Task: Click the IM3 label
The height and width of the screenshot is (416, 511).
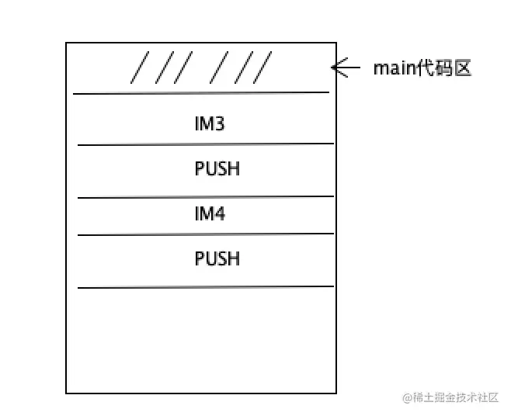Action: pyautogui.click(x=210, y=123)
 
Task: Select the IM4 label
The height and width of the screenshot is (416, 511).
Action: pyautogui.click(x=210, y=213)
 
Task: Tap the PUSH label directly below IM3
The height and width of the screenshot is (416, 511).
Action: pyautogui.click(x=217, y=168)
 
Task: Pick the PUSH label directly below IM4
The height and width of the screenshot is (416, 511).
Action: pyautogui.click(x=217, y=258)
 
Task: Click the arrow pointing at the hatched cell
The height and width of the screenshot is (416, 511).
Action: pyautogui.click(x=346, y=68)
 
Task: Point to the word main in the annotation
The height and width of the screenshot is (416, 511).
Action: pyautogui.click(x=393, y=68)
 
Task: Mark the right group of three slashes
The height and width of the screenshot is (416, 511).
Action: pyautogui.click(x=242, y=68)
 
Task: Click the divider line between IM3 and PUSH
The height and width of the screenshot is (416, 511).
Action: pyautogui.click(x=205, y=144)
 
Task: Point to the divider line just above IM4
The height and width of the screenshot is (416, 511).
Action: pyautogui.click(x=205, y=197)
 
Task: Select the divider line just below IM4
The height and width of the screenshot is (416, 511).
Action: pyautogui.click(x=205, y=234)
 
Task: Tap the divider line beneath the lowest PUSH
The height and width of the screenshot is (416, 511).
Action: pyautogui.click(x=205, y=287)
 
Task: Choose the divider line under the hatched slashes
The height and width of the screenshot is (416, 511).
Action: pyautogui.click(x=201, y=93)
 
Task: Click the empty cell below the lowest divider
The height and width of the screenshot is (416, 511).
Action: pyautogui.click(x=201, y=339)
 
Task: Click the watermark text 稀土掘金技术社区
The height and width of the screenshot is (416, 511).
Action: pyautogui.click(x=455, y=397)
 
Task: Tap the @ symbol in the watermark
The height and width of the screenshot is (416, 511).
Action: pyautogui.click(x=406, y=397)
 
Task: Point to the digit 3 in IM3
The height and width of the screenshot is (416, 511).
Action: pyautogui.click(x=220, y=123)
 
